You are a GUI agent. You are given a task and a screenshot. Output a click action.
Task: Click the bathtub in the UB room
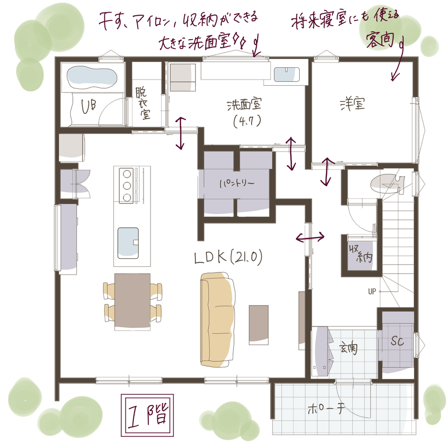(x=92, y=77)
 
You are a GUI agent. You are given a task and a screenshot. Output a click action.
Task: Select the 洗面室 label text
(x=244, y=105)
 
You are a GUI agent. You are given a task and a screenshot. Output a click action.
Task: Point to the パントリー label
(x=237, y=183)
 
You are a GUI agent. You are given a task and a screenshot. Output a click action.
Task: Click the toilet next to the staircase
(x=387, y=183)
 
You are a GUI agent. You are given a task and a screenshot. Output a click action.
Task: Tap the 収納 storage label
(x=361, y=253)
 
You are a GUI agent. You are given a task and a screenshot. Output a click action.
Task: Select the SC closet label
(x=397, y=341)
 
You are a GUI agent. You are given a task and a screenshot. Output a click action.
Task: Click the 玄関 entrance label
(x=348, y=348)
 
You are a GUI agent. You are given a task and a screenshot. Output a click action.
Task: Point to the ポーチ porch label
(x=326, y=409)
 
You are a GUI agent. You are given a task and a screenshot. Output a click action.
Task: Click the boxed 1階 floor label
(x=147, y=415)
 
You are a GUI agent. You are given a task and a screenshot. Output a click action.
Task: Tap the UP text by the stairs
(x=372, y=291)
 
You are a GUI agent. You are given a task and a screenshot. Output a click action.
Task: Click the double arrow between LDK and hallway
(x=310, y=237)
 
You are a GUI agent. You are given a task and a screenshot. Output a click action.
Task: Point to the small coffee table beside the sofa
(x=259, y=325)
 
